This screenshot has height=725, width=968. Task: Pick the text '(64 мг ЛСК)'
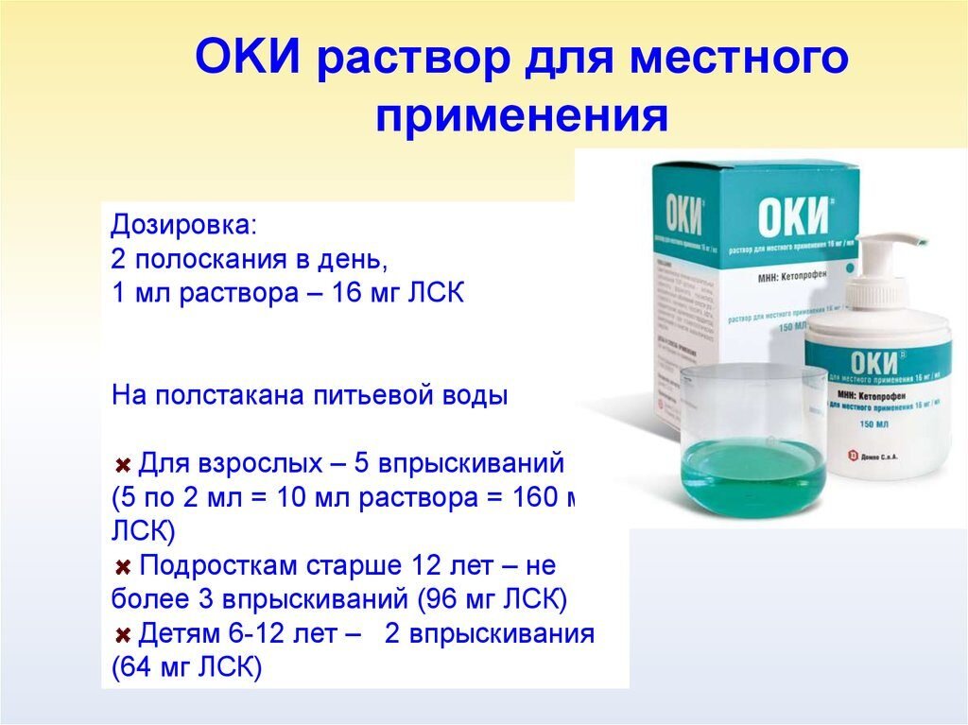(x=185, y=667)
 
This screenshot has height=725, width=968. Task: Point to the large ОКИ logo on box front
(x=793, y=216)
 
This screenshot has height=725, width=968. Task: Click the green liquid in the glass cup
(x=752, y=468)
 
